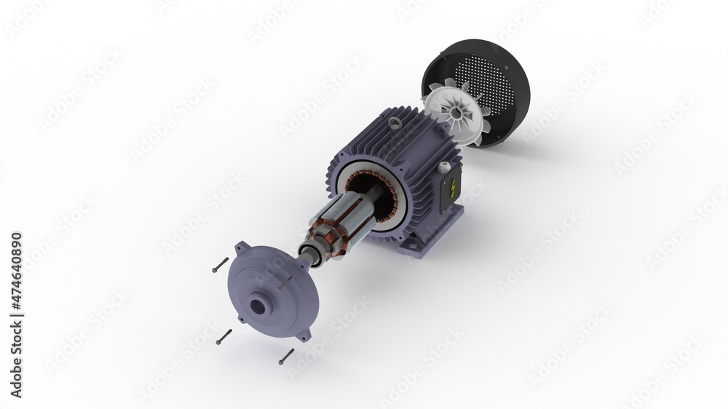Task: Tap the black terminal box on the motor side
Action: coord(451,191)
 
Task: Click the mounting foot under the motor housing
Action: coord(437,234)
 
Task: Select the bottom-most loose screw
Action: coord(287,356)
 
